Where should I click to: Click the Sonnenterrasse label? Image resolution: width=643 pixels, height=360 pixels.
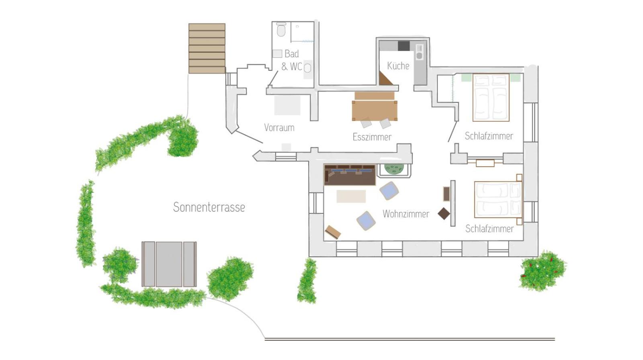point(209,207)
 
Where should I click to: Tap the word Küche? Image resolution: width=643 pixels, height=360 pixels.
point(398,66)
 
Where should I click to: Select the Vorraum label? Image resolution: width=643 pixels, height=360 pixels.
point(279,127)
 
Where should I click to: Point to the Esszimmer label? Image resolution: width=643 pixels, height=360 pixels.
point(372,137)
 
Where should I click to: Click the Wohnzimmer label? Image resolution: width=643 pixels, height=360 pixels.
point(406,214)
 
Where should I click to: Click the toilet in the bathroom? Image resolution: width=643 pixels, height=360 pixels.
point(281,29)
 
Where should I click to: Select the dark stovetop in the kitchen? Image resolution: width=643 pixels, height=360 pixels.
point(403,46)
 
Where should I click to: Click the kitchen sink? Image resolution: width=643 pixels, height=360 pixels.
point(420,52)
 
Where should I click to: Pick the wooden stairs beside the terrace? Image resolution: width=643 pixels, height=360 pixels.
point(207,48)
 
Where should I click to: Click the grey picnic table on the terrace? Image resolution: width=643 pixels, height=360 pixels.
point(169,264)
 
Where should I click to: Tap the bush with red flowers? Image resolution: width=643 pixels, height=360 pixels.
point(542,271)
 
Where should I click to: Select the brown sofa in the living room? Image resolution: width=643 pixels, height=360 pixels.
point(350,175)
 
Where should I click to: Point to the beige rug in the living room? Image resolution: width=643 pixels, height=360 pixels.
point(351,196)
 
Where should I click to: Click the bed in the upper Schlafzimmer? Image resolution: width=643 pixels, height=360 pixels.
point(491,98)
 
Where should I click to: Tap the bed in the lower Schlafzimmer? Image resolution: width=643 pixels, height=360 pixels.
point(498,199)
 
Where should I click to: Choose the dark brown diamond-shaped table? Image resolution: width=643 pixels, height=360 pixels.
point(444,214)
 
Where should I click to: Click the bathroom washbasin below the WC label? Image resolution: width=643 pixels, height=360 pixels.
point(308,68)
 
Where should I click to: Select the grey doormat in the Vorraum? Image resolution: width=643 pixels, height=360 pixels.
point(287,105)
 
